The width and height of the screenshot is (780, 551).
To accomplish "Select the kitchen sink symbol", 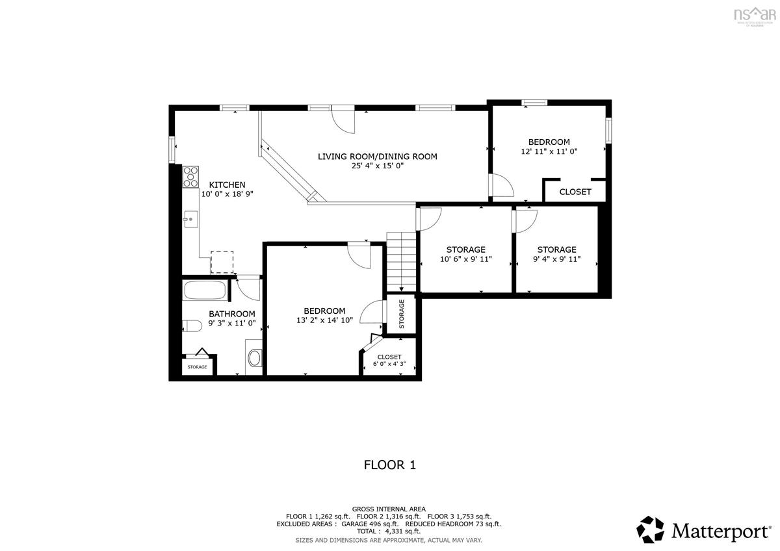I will [190, 220].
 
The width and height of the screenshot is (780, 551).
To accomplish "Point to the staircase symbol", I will [401, 263].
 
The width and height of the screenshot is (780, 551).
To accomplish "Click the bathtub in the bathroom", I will [205, 290].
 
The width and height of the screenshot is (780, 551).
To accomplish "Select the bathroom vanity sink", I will [254, 357].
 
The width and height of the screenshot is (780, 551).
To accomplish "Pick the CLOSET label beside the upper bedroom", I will [575, 192].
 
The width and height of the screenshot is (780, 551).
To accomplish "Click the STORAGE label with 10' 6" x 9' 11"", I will [465, 250].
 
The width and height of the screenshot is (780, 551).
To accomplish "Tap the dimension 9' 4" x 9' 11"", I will [556, 259].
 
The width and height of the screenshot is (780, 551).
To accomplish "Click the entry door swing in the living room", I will [343, 121].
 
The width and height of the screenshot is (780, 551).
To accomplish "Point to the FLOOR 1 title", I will [389, 465].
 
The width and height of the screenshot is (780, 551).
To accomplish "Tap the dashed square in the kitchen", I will [222, 262].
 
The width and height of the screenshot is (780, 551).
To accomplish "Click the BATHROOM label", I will [231, 313].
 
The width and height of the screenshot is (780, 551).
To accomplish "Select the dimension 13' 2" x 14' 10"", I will [324, 320].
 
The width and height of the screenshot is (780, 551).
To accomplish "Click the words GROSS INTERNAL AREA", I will [389, 509].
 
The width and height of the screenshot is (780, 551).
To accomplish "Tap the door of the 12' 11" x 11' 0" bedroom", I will [500, 188].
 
